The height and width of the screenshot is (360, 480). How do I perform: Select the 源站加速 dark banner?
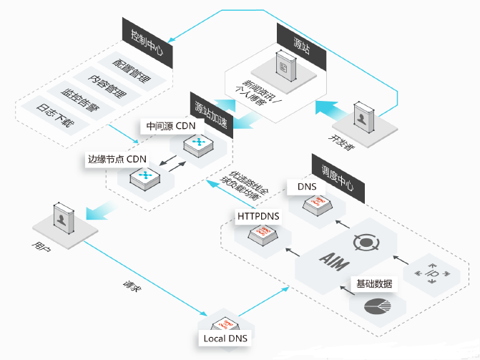pos(210,111)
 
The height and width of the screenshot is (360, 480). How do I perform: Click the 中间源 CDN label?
pos(170,127)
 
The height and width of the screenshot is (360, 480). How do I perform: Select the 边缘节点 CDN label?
pos(117,159)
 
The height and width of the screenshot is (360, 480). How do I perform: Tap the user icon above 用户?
pos(64,218)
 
